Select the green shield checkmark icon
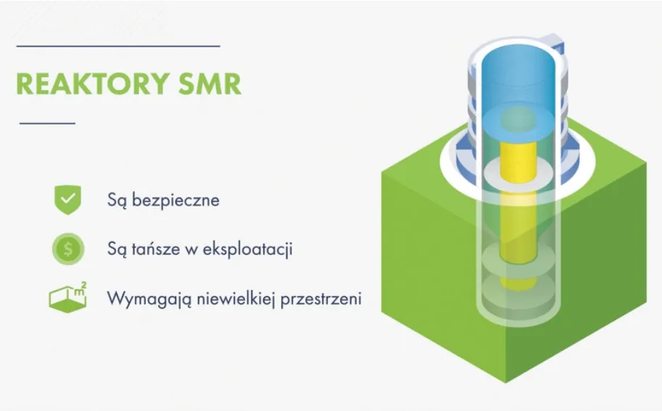coord(67,199)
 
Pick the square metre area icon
coord(67,298)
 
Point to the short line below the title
coord(47,123)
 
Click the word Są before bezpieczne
coord(116,200)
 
